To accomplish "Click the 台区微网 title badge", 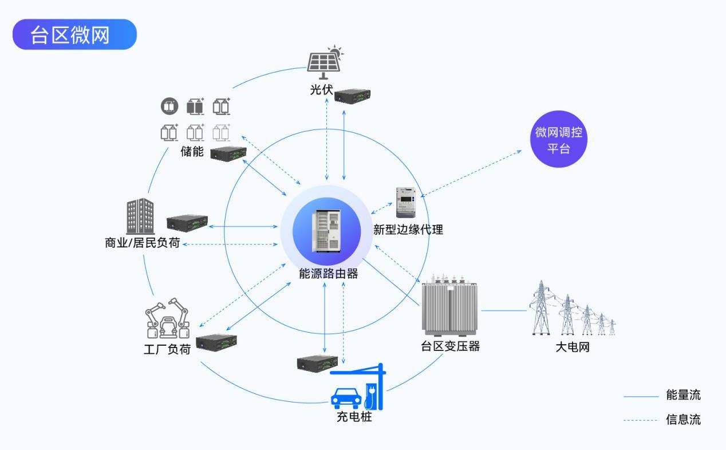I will point(74,34).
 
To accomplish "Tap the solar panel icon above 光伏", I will point(323,62).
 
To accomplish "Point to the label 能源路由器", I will point(329,274).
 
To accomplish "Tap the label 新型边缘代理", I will point(408,230).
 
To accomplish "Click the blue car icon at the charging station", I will point(346,396).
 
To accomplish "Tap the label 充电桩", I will point(354,417).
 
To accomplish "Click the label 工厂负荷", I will point(167,349).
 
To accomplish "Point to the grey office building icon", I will point(140,216).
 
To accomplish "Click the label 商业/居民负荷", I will point(143,243).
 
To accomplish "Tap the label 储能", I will point(192,152).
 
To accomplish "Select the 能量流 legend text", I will point(683,395).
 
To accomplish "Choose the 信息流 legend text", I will point(683,420).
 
